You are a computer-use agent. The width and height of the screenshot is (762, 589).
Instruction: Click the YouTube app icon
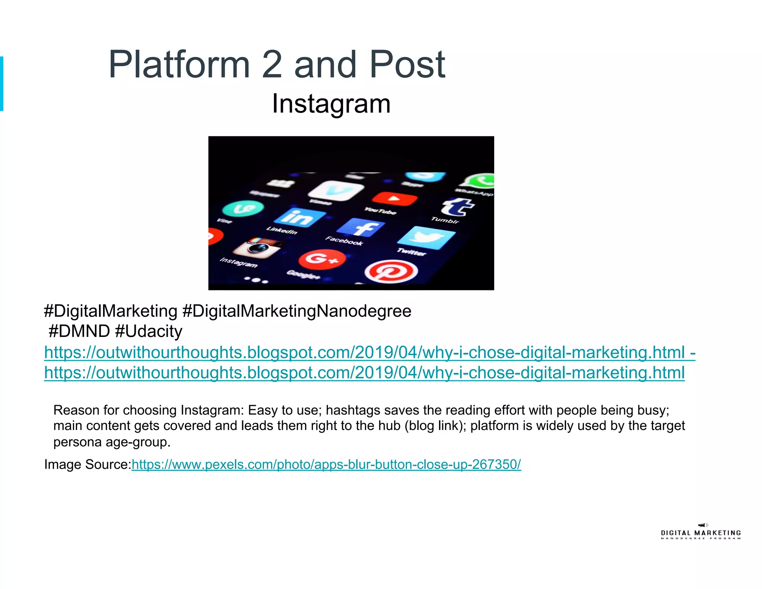(394, 198)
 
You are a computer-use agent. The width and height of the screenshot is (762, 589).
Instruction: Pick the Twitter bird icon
(426, 237)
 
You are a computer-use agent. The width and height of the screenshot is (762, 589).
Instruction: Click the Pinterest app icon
(391, 271)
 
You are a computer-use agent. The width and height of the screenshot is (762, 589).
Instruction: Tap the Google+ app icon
(322, 258)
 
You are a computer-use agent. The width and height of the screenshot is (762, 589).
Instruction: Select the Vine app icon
(243, 208)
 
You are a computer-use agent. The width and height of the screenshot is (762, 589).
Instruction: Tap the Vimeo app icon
(336, 190)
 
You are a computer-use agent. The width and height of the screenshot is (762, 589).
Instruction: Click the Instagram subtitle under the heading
(331, 103)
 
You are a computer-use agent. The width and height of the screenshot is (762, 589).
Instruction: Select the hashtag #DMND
(79, 331)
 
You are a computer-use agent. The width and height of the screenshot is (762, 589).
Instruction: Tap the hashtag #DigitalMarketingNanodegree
(297, 311)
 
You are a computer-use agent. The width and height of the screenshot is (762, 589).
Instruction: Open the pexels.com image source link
(326, 464)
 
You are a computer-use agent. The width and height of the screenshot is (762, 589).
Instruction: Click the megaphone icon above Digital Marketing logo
(702, 525)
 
